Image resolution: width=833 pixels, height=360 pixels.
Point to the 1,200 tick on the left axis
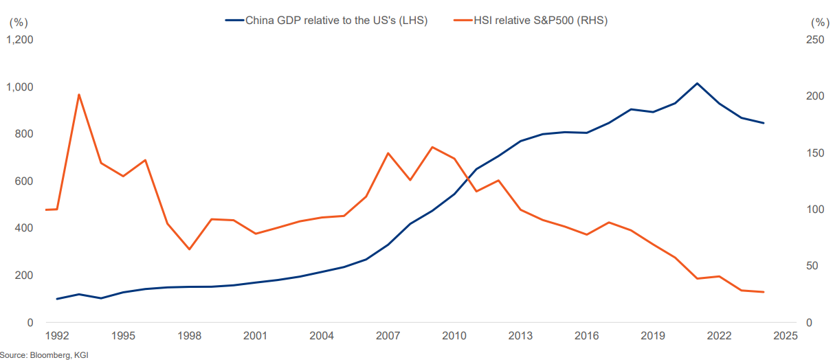(20, 40)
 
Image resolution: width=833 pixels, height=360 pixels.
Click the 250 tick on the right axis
(815, 40)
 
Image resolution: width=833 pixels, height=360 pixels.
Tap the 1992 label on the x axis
(57, 336)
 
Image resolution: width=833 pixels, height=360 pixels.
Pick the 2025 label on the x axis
(785, 336)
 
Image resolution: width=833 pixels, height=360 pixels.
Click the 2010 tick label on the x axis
(454, 336)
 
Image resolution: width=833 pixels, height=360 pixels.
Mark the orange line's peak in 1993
(79, 94)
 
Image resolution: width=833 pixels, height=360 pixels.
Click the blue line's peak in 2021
(697, 84)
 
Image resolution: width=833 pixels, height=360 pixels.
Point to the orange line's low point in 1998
(189, 249)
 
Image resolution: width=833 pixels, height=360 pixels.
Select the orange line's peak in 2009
(432, 147)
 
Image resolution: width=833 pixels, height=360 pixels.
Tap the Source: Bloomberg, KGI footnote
(45, 355)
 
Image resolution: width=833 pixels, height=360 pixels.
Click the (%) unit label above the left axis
(17, 21)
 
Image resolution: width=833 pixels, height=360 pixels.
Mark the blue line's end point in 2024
(764, 123)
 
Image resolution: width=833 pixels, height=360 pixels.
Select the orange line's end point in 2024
(764, 292)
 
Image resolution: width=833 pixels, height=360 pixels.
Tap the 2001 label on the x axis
(255, 336)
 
